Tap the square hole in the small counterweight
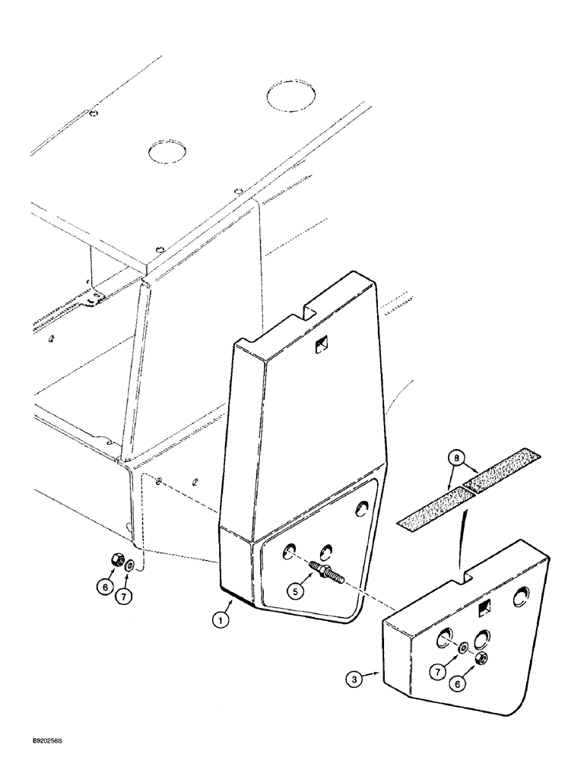coord(483,608)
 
